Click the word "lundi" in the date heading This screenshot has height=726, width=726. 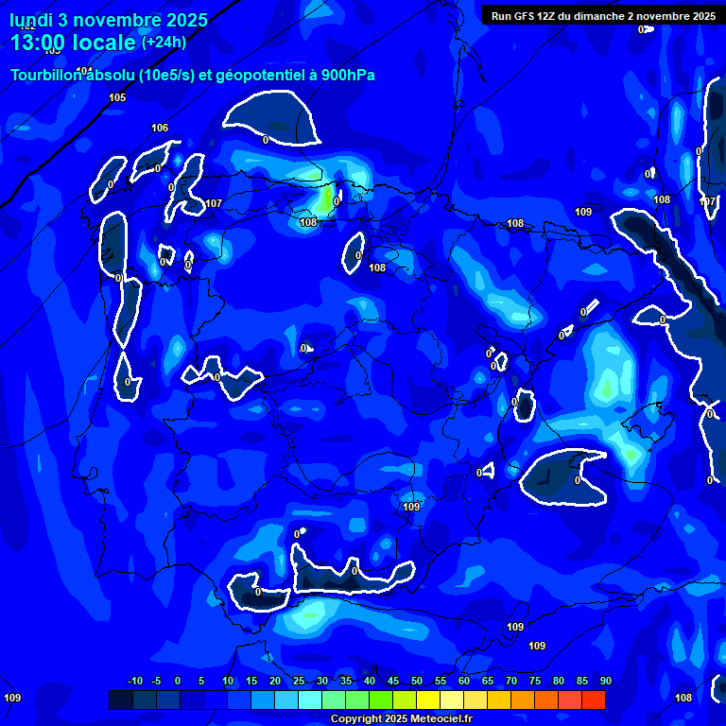click(30, 19)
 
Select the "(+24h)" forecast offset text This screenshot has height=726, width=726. click(164, 42)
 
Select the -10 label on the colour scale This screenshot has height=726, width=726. click(134, 682)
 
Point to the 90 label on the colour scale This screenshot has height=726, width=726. click(605, 682)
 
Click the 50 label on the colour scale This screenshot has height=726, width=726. click(417, 682)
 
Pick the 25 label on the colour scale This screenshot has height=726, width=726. click(299, 682)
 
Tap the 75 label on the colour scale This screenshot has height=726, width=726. click(535, 682)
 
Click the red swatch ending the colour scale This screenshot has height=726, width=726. click(593, 700)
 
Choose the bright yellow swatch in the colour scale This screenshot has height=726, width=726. click(428, 700)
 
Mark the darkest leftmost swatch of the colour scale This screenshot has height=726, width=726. click(121, 700)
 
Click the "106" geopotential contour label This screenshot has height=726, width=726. click(160, 128)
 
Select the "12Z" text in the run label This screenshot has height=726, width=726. click(550, 16)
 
